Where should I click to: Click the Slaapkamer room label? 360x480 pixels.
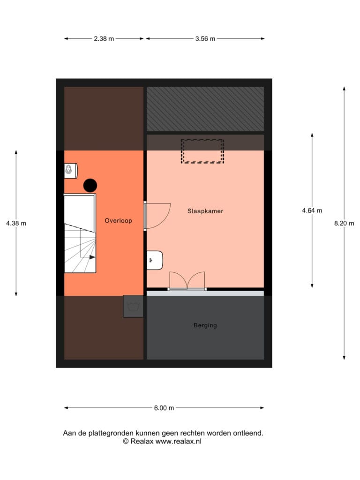[x=205, y=211]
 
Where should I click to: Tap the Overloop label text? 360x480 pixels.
[x=118, y=220]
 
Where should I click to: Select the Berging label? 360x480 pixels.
[x=205, y=325]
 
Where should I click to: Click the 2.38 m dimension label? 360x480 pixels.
[x=104, y=38]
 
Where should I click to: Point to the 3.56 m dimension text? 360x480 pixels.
[x=205, y=38]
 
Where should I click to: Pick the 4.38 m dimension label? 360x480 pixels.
[x=16, y=223]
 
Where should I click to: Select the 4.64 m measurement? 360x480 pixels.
[x=312, y=210]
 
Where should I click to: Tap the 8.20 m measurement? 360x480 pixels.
[x=344, y=223]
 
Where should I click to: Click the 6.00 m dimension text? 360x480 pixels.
[x=164, y=408]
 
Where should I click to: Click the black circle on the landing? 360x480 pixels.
[x=90, y=185]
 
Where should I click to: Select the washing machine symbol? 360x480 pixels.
[x=133, y=307]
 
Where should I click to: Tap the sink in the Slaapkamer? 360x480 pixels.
[x=155, y=260]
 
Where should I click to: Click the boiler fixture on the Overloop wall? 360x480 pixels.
[x=71, y=171]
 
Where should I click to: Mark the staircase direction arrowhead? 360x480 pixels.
[x=92, y=257]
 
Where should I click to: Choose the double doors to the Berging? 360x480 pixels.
[x=187, y=280]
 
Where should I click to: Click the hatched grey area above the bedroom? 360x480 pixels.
[x=205, y=109]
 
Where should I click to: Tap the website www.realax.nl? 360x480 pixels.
[x=179, y=441]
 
